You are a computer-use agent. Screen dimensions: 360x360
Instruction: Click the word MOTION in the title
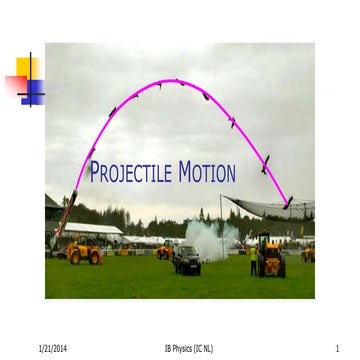207,173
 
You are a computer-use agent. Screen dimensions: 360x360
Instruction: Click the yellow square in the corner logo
27,68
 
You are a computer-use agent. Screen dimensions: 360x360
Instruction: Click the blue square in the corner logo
33,91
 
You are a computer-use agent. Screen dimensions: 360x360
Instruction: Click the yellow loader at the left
84,252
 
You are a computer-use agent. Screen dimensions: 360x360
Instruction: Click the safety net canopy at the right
270,206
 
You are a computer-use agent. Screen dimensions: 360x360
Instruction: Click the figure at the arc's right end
288,202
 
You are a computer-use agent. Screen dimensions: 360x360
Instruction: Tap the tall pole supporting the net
222,225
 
